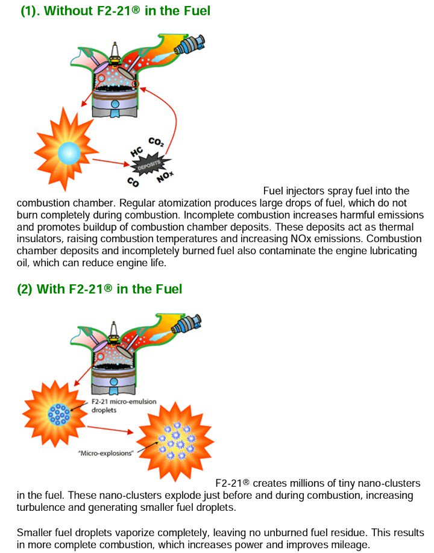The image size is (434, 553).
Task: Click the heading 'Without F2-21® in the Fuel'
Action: coord(127,11)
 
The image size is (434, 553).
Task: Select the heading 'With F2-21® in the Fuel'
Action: coord(109,289)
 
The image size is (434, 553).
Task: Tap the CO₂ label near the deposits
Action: coord(156,142)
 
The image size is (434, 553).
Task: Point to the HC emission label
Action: coord(137,152)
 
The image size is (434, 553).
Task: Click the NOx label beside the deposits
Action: coord(165,177)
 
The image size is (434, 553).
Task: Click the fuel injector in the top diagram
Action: coord(190,45)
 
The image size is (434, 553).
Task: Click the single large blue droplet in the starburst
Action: coord(69,153)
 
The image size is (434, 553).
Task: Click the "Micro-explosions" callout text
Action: coord(105,453)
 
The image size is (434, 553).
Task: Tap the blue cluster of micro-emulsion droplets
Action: coord(59,414)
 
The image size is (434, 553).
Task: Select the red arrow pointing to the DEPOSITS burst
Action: coord(111,162)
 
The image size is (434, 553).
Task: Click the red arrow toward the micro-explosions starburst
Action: coord(110,430)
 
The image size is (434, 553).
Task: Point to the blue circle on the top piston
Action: coord(115,104)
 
